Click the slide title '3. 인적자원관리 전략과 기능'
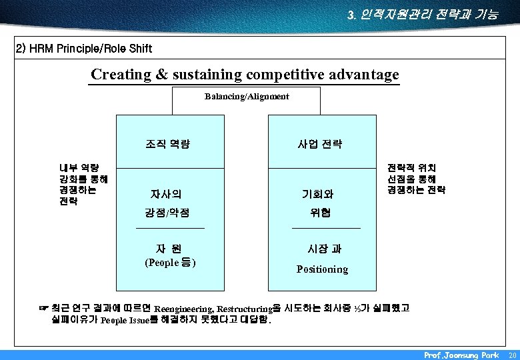coord(423,14)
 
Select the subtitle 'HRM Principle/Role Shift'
coord(83,49)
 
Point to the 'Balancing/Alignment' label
coord(247,97)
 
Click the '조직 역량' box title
coord(167,143)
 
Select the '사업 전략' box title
coord(320,143)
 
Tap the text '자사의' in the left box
coord(166,195)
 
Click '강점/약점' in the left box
coord(167,213)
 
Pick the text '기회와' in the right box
coord(318,195)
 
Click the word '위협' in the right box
coord(320,213)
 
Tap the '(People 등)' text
coord(170,263)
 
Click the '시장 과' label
coord(324,249)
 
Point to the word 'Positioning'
coord(322,269)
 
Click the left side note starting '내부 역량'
coord(79,185)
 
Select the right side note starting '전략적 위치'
coord(416,179)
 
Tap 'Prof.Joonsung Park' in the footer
coord(461,355)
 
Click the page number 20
coord(511,355)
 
